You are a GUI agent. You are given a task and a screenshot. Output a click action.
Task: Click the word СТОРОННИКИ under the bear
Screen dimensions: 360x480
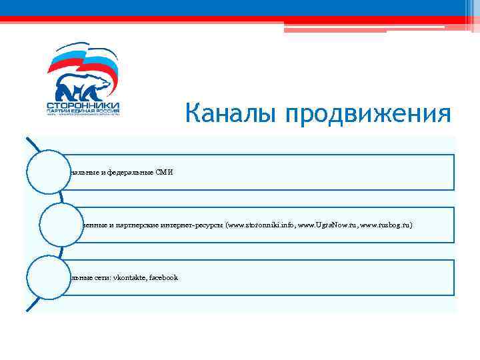click(83, 105)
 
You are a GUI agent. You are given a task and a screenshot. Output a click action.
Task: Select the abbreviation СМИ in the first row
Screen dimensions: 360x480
click(164, 172)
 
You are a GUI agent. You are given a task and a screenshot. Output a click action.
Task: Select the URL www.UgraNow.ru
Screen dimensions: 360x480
click(326, 225)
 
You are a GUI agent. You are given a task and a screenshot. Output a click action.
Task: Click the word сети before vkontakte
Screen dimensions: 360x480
click(103, 277)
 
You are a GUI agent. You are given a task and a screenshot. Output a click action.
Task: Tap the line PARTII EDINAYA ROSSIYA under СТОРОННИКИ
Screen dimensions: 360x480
click(83, 111)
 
